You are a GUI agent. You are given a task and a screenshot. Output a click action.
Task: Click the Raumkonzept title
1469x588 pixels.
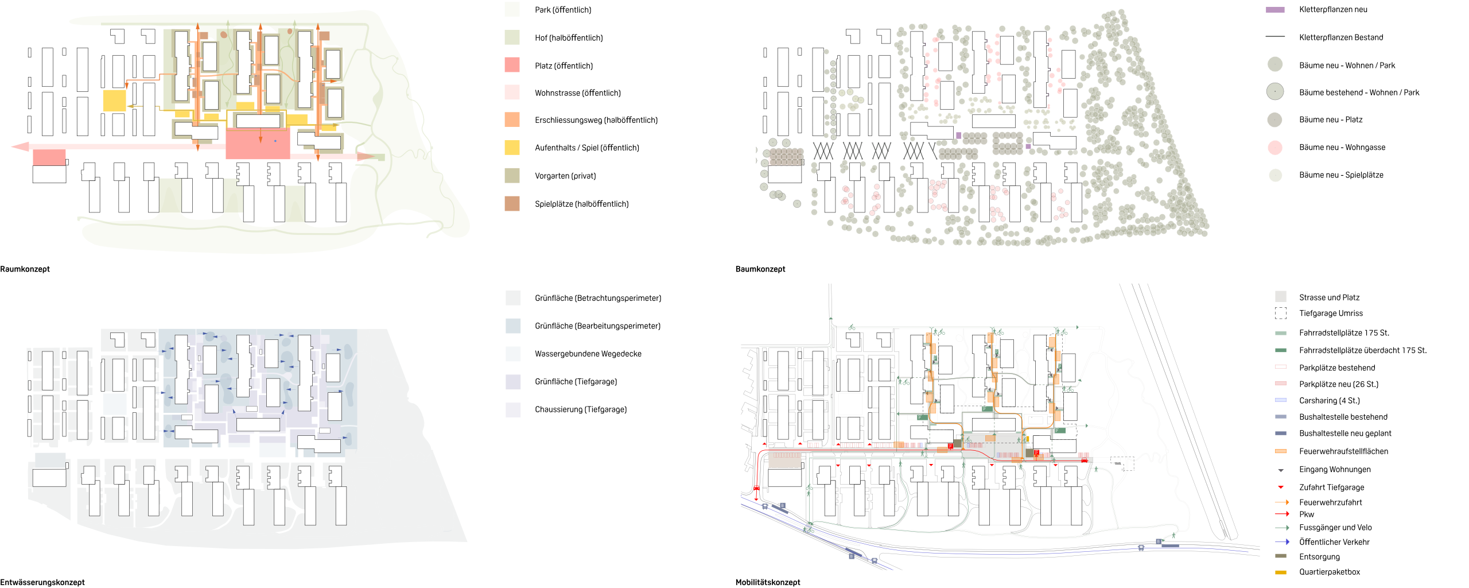(x=25, y=269)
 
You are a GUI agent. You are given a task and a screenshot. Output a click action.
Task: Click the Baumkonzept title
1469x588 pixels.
(x=760, y=269)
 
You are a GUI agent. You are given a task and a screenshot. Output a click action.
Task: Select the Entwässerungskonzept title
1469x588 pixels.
(x=42, y=582)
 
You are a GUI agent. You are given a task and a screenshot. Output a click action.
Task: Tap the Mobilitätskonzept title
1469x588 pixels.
(x=768, y=582)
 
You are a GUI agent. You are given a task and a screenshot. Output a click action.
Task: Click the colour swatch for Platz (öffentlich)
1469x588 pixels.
(x=512, y=65)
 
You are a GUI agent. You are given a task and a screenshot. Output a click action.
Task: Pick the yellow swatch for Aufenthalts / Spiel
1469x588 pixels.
(x=512, y=148)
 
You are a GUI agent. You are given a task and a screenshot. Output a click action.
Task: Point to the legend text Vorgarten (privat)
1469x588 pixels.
(x=565, y=176)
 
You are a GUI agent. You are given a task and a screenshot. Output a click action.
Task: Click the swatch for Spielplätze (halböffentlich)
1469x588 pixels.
(x=512, y=203)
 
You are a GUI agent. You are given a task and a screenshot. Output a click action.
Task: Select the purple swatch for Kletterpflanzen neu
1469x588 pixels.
(x=1275, y=10)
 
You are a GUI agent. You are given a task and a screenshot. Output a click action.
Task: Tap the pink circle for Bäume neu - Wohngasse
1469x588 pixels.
(x=1275, y=148)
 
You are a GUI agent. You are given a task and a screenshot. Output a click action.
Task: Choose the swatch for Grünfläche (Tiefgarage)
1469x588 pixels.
(x=513, y=382)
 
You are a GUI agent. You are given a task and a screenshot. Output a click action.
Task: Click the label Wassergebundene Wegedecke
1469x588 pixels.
(x=588, y=354)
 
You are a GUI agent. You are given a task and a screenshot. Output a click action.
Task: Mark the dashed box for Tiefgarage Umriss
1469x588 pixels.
(x=1281, y=313)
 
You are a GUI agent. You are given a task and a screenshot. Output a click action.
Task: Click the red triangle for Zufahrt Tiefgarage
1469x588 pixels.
(x=1281, y=487)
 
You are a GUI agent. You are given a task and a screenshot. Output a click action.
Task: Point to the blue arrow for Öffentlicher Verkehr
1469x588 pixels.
(x=1282, y=541)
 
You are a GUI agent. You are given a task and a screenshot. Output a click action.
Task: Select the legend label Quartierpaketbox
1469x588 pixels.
(x=1330, y=572)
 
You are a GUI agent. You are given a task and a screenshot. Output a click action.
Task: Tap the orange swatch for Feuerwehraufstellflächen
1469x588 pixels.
(x=1281, y=451)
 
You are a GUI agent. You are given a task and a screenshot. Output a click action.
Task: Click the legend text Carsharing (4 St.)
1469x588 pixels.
(x=1330, y=401)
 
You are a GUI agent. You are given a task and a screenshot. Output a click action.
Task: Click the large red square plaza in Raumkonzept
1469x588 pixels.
(x=258, y=144)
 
